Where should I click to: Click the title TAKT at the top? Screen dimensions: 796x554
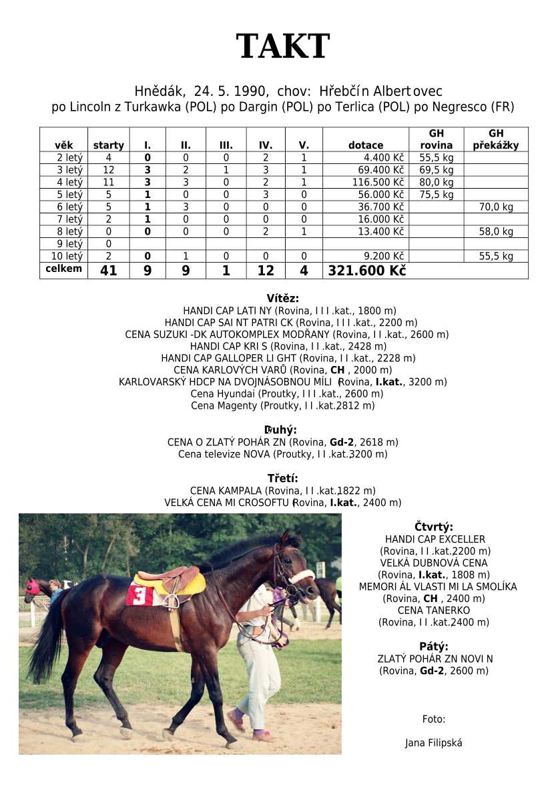click(x=282, y=47)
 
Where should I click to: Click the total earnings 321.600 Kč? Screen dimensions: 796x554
click(x=366, y=271)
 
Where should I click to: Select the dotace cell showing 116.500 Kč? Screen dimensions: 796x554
click(x=378, y=182)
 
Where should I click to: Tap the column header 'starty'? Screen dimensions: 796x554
click(x=108, y=145)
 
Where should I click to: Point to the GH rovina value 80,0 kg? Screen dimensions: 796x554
click(x=436, y=182)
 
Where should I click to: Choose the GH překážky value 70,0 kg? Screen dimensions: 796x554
click(x=496, y=207)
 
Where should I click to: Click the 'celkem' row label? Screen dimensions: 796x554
click(x=63, y=269)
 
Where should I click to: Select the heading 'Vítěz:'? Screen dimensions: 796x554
click(x=282, y=298)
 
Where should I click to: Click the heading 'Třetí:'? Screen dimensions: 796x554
click(x=282, y=478)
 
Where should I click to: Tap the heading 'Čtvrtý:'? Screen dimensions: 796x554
click(x=434, y=526)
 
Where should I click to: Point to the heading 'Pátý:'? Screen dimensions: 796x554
click(x=434, y=646)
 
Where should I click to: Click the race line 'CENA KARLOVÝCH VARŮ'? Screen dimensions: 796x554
click(x=282, y=370)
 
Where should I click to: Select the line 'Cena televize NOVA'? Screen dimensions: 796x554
click(x=282, y=454)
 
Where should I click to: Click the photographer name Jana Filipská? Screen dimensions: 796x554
click(x=433, y=743)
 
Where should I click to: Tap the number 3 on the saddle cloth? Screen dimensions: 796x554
click(x=140, y=595)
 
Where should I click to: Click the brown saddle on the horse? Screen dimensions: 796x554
click(x=175, y=578)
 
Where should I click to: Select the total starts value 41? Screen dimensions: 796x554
click(x=108, y=271)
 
